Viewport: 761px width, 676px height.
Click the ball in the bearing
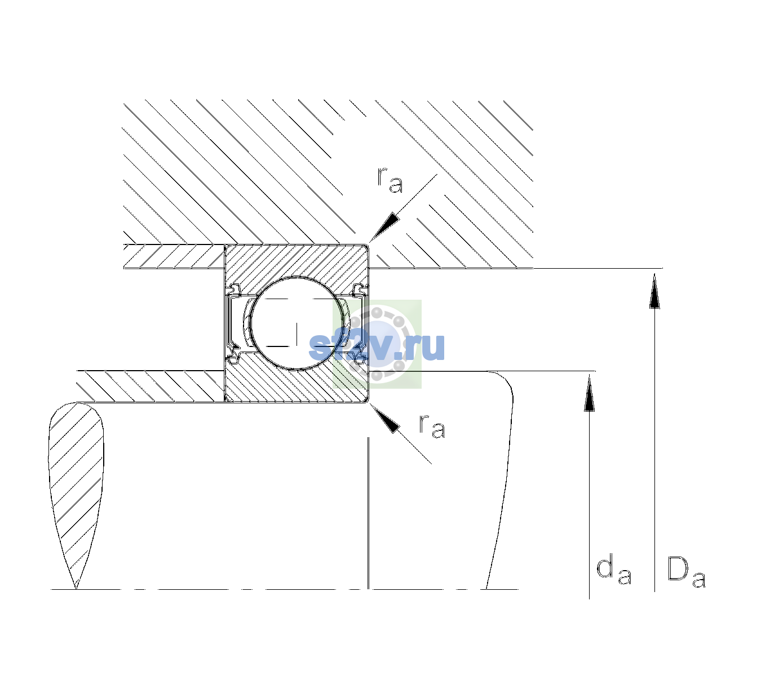tap(297, 323)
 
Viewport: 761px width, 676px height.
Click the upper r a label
tap(390, 180)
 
